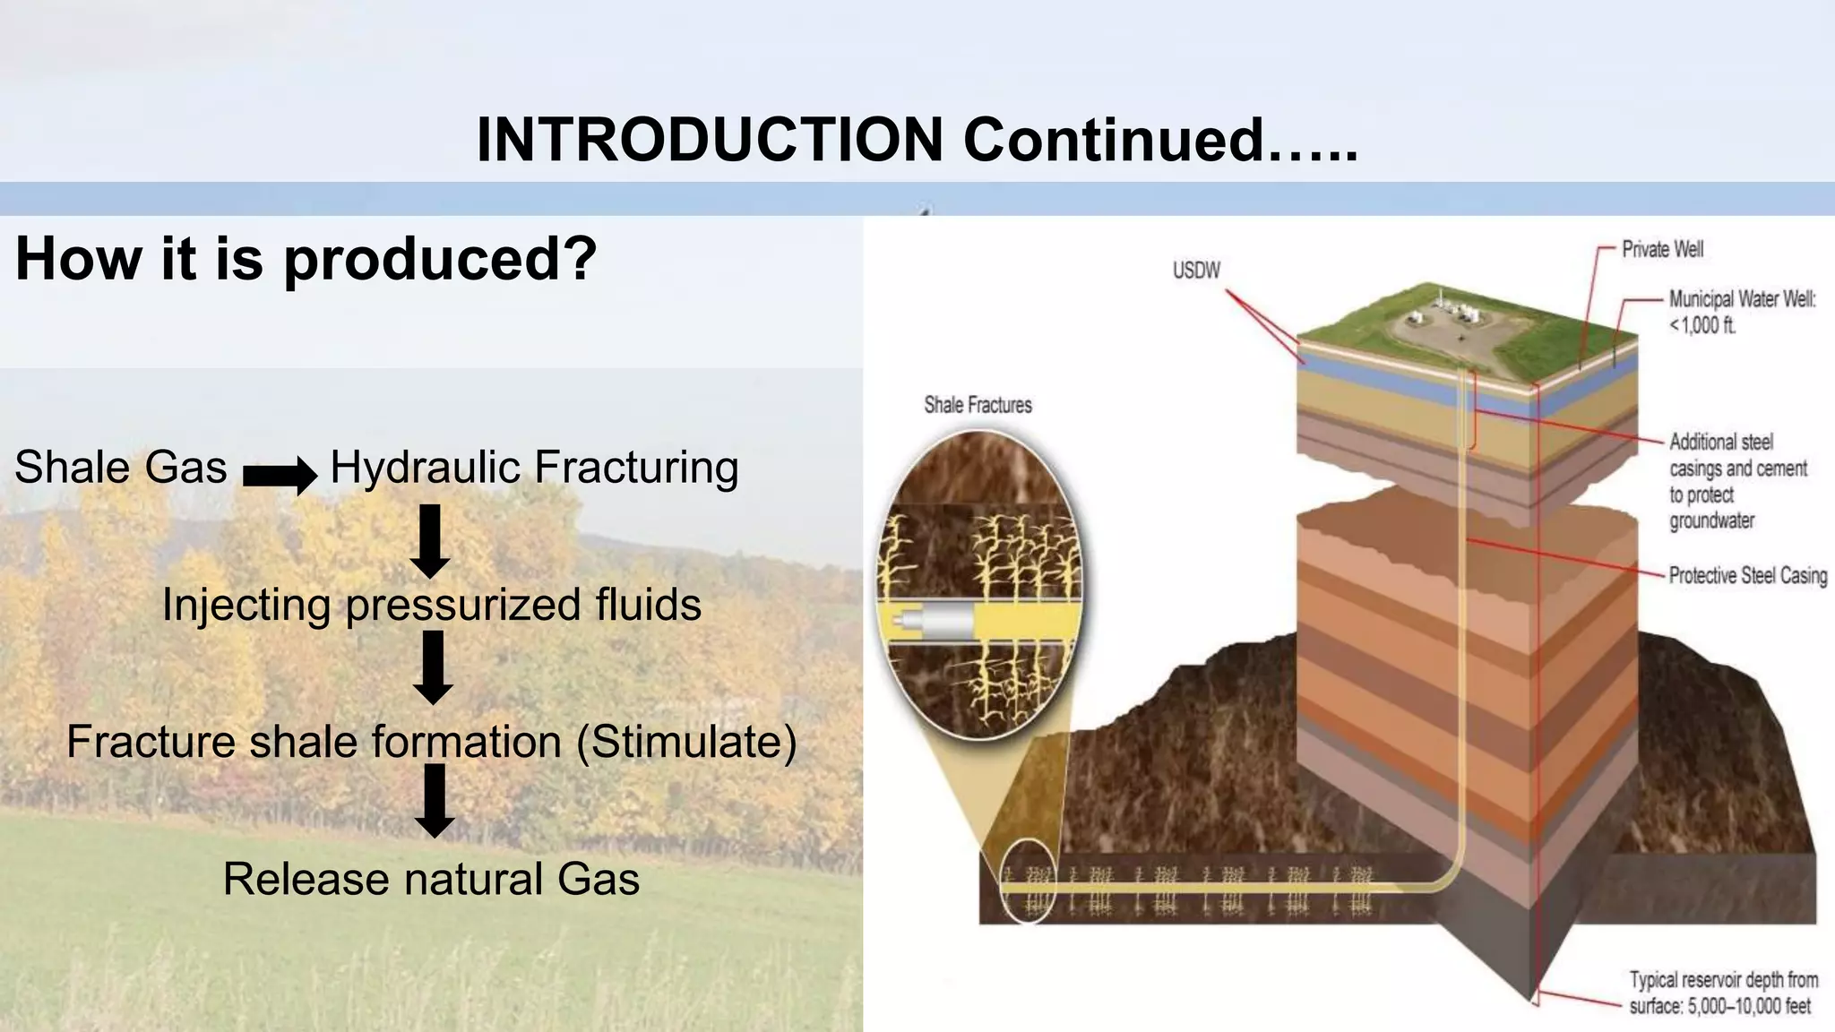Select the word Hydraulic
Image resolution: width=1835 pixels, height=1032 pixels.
click(426, 468)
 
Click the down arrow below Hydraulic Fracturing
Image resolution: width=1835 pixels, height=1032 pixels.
click(430, 540)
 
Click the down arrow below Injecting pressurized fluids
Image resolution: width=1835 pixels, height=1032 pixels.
click(433, 667)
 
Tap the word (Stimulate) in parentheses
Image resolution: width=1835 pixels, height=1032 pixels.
click(686, 742)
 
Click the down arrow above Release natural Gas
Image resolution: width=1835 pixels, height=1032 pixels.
click(435, 800)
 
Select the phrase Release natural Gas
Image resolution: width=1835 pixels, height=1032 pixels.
click(431, 879)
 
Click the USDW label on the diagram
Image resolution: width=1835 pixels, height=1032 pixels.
click(1196, 270)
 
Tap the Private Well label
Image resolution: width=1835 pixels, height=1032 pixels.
click(1662, 249)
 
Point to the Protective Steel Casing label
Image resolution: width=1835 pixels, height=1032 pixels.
click(1747, 576)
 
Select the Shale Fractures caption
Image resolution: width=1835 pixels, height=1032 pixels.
click(978, 405)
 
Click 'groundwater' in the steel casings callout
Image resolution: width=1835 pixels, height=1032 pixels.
click(1711, 520)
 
